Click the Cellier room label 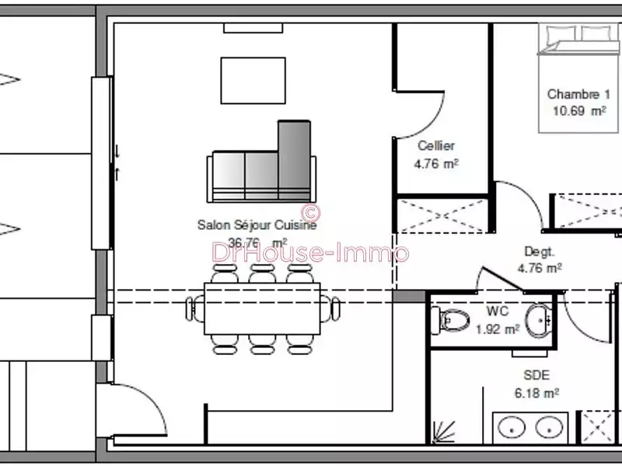point(435,145)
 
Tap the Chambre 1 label point(578,94)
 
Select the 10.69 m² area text point(578,111)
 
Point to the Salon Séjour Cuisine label point(257,225)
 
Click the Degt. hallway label point(539,252)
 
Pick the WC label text point(498,311)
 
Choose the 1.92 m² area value point(498,329)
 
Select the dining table point(262,308)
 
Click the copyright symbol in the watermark point(310,211)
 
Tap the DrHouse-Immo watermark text point(311,252)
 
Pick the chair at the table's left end point(192,308)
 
